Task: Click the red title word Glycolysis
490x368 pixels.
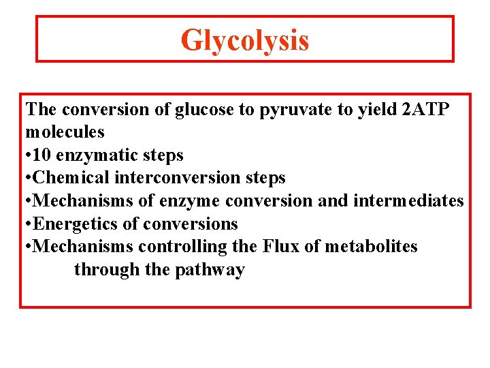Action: [244, 40]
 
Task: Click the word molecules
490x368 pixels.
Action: [65, 132]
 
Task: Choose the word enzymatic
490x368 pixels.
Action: [100, 155]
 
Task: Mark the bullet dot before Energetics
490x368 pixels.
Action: [29, 224]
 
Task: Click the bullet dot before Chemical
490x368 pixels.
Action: [29, 179]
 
